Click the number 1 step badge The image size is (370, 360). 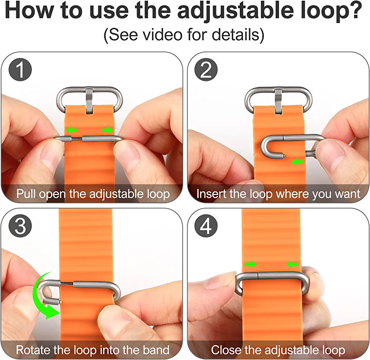[20, 70]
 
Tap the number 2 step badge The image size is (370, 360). [206, 70]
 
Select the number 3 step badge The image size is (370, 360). [20, 226]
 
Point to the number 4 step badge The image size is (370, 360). [206, 226]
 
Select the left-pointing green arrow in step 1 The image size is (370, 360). [72, 130]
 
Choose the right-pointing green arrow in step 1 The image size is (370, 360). [107, 130]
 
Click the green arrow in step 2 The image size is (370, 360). [297, 162]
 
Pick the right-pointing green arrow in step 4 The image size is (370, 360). [250, 264]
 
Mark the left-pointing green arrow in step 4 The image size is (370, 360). [293, 264]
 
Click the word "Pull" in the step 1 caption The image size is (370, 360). [26, 194]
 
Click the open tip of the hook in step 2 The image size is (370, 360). [283, 155]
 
